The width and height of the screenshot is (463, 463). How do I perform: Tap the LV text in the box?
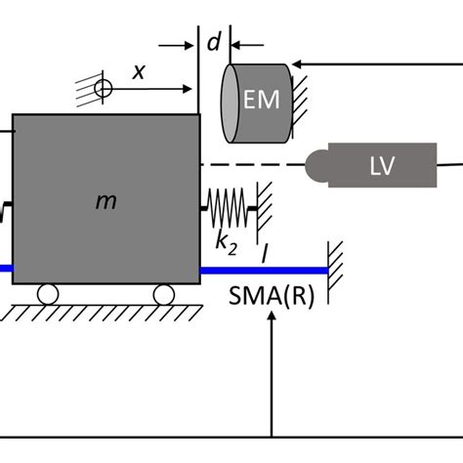(381, 166)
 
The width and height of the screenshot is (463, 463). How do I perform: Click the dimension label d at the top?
(214, 42)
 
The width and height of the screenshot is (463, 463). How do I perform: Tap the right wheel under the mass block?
(164, 294)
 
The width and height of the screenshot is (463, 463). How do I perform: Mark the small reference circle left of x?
(104, 90)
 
